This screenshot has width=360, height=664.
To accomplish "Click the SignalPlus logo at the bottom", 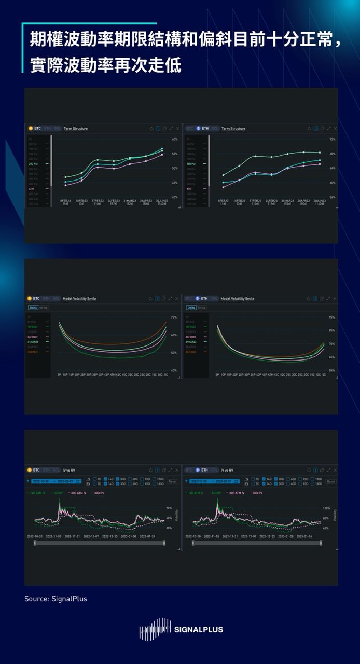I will click(181, 629).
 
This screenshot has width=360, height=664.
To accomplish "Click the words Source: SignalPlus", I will click(56, 599).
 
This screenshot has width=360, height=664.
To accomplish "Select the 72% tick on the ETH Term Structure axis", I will click(332, 140).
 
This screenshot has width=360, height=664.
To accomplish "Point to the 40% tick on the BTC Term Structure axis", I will click(174, 198).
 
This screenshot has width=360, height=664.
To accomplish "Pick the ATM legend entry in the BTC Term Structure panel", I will click(31, 189).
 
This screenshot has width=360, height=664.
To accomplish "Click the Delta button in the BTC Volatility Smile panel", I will click(33, 308).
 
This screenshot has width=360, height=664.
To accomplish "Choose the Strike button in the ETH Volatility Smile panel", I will click(201, 308).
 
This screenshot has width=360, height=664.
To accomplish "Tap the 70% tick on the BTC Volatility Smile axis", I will click(174, 317).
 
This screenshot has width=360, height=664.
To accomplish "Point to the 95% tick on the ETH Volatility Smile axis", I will click(332, 317).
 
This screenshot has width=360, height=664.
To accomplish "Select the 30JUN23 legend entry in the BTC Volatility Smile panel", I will click(34, 352).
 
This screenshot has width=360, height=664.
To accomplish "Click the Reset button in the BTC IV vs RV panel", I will click(172, 481).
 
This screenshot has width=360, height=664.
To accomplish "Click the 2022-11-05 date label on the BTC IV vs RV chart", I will click(54, 537).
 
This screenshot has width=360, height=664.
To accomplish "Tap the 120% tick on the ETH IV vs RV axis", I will click(326, 508).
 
